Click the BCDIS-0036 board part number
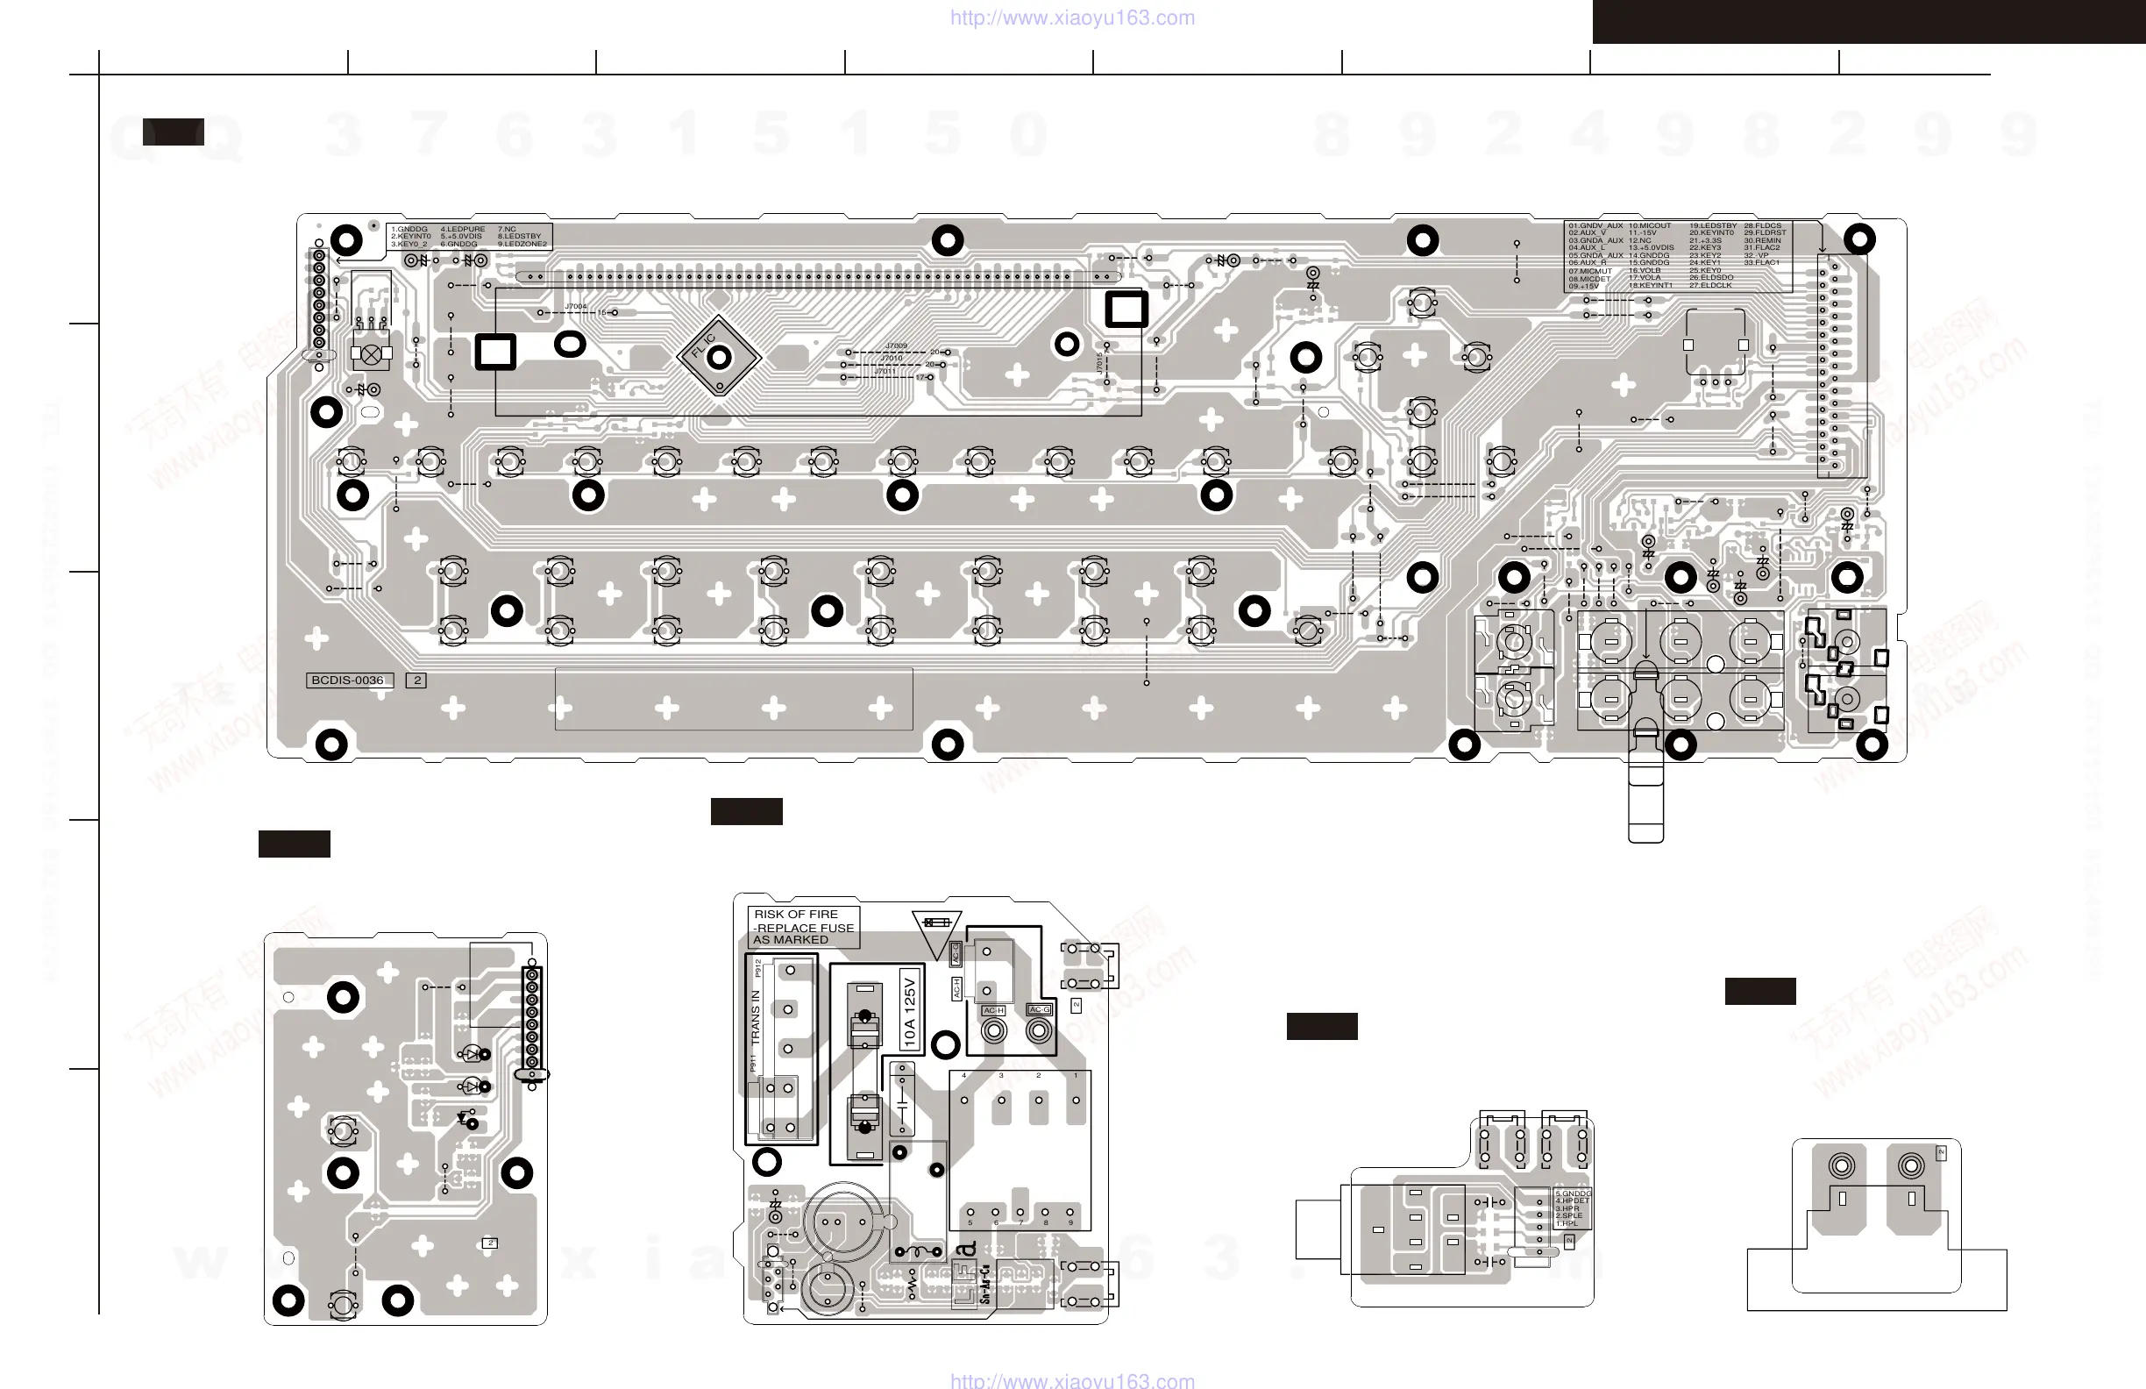click(x=348, y=680)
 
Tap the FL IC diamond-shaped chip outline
click(x=718, y=356)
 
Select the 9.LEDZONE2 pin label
click(x=522, y=245)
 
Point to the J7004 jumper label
click(x=575, y=307)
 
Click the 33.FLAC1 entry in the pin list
click(x=1761, y=262)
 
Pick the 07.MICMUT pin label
click(x=1589, y=271)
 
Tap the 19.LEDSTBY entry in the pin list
click(x=1712, y=225)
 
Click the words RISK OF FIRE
click(x=796, y=914)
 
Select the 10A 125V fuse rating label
click(x=910, y=1009)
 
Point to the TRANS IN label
click(x=756, y=1017)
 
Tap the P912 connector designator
click(x=758, y=968)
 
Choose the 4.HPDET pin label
click(x=1572, y=1200)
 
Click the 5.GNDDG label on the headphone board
click(x=1573, y=1193)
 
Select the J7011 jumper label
click(x=885, y=372)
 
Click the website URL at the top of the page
click(x=1072, y=18)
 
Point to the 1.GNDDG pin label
click(x=409, y=229)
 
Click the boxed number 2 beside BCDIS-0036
click(x=416, y=680)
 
